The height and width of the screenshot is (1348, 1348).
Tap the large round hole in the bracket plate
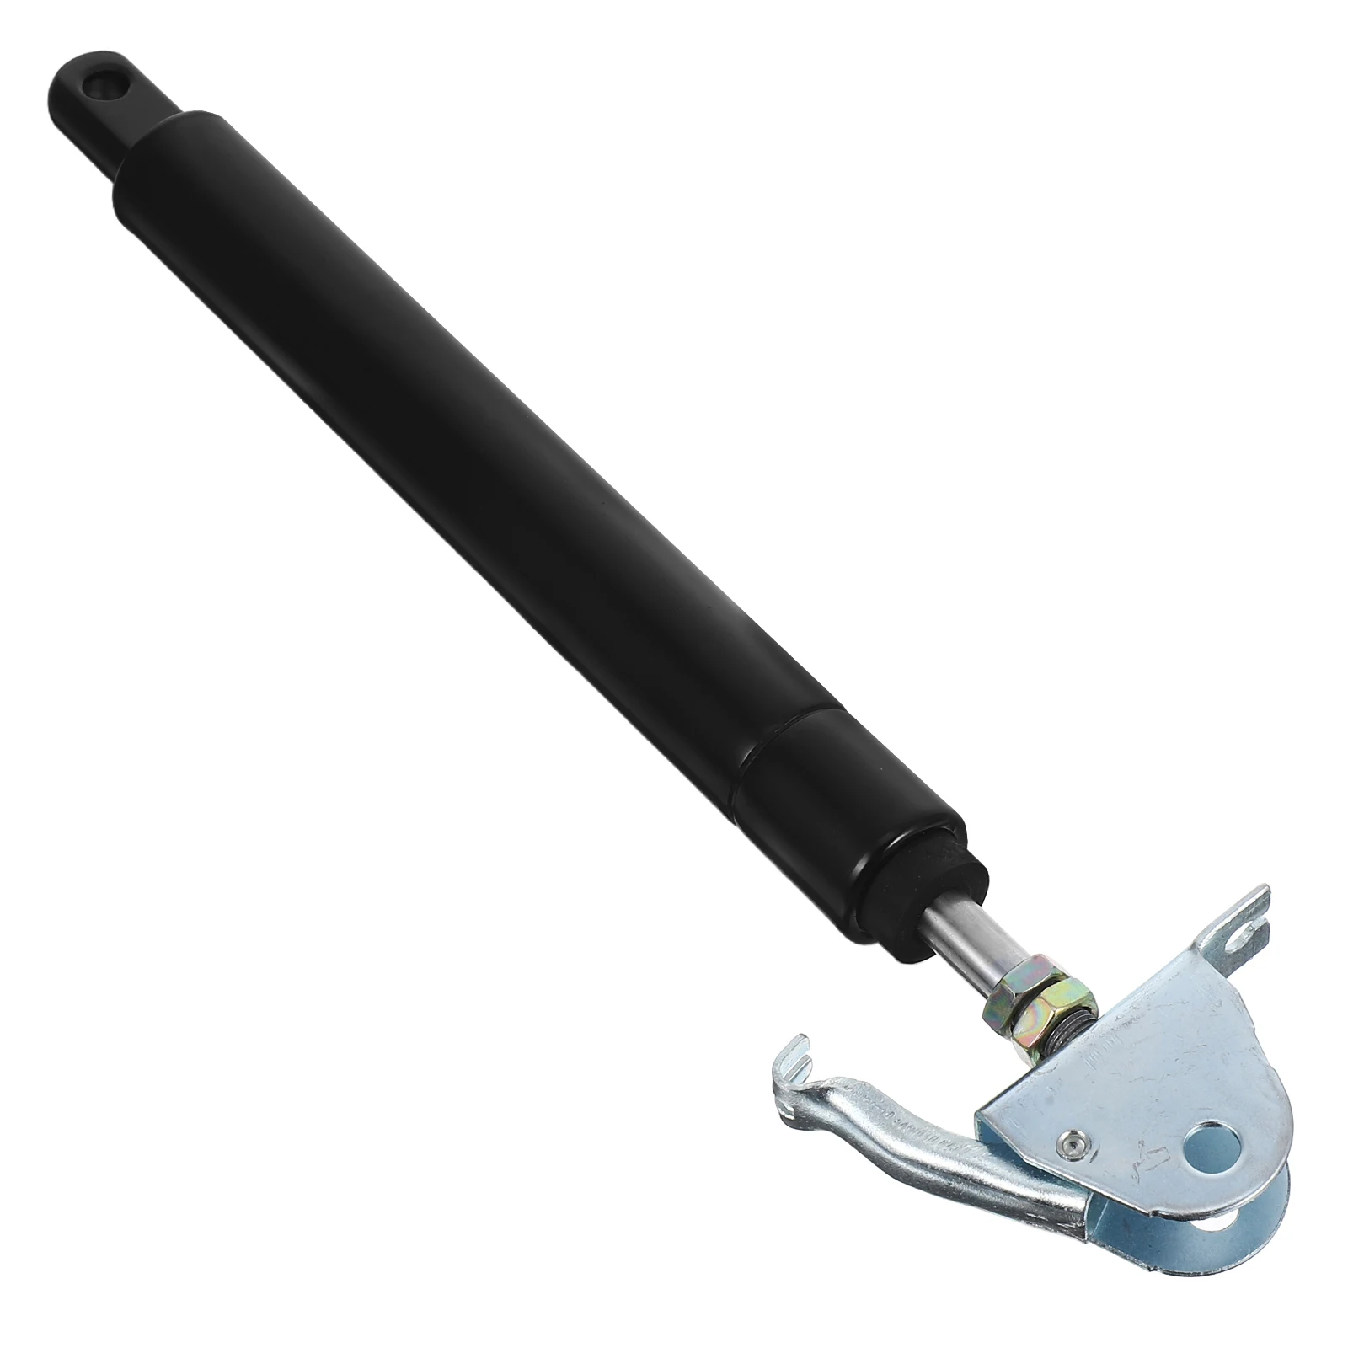(1211, 1150)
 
